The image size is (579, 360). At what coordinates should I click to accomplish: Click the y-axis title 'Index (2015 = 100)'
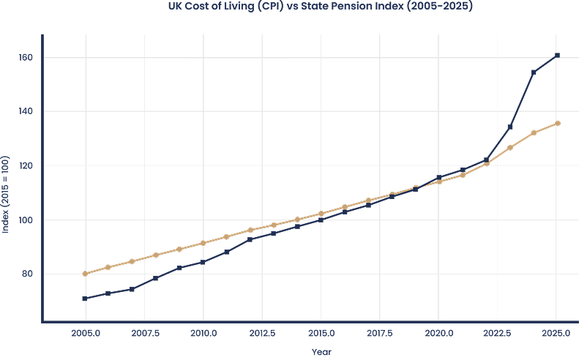(x=6, y=195)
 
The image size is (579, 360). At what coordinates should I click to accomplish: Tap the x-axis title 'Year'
(x=321, y=352)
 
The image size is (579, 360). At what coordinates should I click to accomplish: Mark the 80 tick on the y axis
(x=26, y=274)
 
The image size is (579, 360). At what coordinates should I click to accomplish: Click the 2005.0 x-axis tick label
(x=86, y=334)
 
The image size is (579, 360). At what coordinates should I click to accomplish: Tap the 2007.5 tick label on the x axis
(x=145, y=334)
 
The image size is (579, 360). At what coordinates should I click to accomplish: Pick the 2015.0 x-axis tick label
(x=321, y=334)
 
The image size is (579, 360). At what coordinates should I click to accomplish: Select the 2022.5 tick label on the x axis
(x=498, y=334)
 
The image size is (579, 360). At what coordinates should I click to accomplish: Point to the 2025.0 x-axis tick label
(x=557, y=334)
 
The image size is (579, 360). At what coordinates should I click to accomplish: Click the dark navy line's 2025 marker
(x=557, y=56)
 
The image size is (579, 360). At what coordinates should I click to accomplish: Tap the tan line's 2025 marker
(x=557, y=123)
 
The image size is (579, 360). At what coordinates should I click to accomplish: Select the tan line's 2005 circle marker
(x=86, y=274)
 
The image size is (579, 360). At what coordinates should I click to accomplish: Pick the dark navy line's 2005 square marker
(x=86, y=299)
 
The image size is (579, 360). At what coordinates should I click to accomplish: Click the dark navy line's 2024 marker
(x=534, y=72)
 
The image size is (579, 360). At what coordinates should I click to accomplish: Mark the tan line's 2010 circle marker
(x=203, y=243)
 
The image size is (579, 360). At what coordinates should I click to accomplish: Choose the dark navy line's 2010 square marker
(x=203, y=262)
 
